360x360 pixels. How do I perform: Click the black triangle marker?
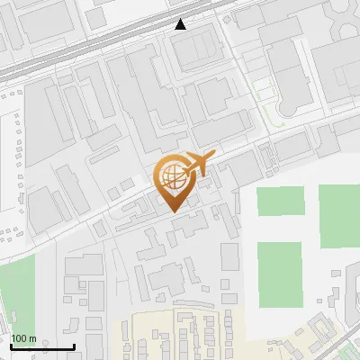click(x=181, y=24)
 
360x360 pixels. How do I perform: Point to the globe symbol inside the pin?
click(x=171, y=175)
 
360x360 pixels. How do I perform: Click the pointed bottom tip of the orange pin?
click(x=172, y=210)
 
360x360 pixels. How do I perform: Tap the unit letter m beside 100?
click(x=33, y=338)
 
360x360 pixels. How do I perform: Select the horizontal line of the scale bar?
click(x=41, y=346)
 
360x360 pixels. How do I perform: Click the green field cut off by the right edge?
click(x=339, y=216)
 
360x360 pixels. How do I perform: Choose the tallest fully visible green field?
click(x=280, y=274)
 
